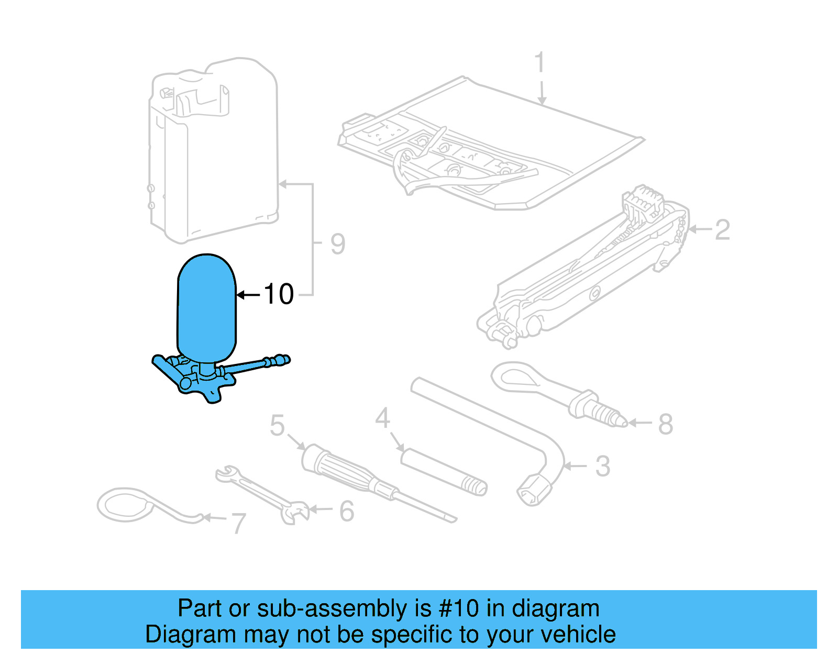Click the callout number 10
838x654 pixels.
click(x=279, y=294)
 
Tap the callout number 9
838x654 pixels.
click(x=338, y=244)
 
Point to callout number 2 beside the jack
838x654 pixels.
click(x=722, y=230)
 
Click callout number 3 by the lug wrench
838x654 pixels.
click(x=603, y=466)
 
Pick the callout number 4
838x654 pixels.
click(x=383, y=418)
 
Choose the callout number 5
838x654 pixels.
click(x=277, y=425)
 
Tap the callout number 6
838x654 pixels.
click(x=347, y=511)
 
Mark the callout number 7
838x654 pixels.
click(x=239, y=523)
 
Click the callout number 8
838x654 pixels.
click(x=665, y=424)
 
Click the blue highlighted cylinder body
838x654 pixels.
click(x=207, y=309)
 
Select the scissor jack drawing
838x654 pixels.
click(x=587, y=272)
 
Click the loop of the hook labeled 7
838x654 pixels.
click(x=126, y=505)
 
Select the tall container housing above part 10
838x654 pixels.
click(x=215, y=152)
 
